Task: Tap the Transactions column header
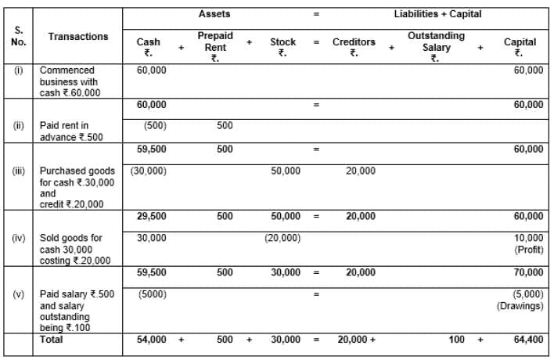[x=78, y=37]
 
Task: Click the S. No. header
[x=18, y=36]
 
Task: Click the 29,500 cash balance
[x=152, y=216]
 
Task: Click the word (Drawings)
[x=520, y=305]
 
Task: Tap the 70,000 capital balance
[x=528, y=272]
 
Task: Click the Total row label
[x=53, y=340]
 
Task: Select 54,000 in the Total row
[x=151, y=340]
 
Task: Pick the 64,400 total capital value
[x=528, y=340]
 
